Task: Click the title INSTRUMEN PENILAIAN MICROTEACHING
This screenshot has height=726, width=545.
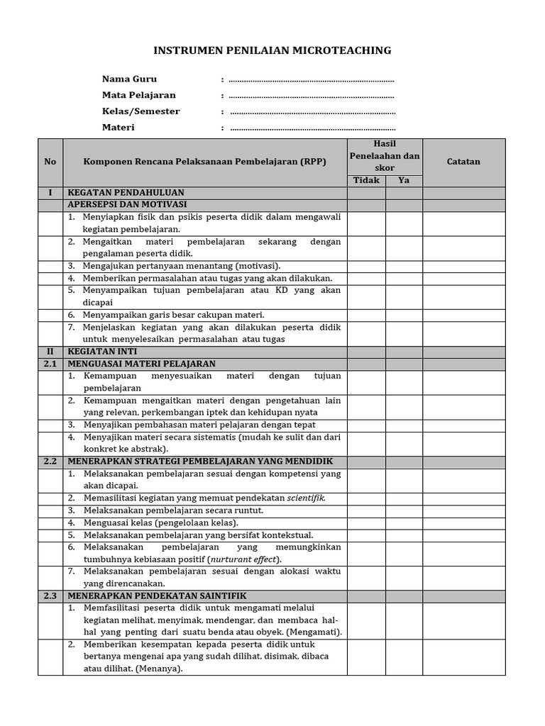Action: pyautogui.click(x=272, y=50)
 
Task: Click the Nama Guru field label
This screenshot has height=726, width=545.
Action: pyautogui.click(x=129, y=79)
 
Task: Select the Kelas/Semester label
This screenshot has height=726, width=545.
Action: pyautogui.click(x=141, y=111)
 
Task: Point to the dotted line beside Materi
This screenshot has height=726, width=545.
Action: pyautogui.click(x=313, y=128)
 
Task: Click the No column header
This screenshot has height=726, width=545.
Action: pyautogui.click(x=50, y=162)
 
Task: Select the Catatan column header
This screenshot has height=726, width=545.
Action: pyautogui.click(x=463, y=162)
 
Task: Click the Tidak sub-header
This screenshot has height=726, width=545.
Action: pyautogui.click(x=366, y=180)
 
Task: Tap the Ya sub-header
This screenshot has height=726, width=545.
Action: pyautogui.click(x=404, y=180)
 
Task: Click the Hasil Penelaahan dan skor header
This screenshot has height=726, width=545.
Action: pyautogui.click(x=384, y=156)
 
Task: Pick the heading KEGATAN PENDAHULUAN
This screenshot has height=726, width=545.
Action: pyautogui.click(x=126, y=192)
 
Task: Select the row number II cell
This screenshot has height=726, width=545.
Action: pyautogui.click(x=50, y=351)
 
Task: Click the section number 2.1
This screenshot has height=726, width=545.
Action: pyautogui.click(x=50, y=363)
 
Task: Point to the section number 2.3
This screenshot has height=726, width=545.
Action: pyautogui.click(x=50, y=596)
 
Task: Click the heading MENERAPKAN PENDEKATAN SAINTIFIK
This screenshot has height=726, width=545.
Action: pyautogui.click(x=157, y=596)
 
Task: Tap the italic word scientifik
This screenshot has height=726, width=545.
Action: pyautogui.click(x=306, y=498)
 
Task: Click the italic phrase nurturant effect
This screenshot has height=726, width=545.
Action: pyautogui.click(x=243, y=559)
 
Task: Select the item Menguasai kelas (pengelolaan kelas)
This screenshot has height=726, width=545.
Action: pyautogui.click(x=160, y=523)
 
